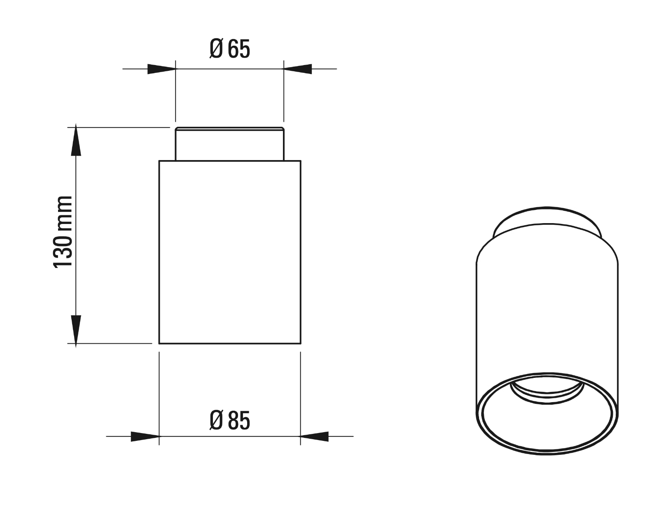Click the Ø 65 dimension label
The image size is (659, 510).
[229, 49]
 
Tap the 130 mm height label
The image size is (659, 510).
[63, 232]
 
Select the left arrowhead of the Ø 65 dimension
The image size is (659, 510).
[161, 69]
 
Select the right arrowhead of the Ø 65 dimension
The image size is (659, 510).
[298, 69]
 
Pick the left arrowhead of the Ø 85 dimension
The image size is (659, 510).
[145, 436]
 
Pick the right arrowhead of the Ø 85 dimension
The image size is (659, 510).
[315, 436]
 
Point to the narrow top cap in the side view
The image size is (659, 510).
[229, 144]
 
